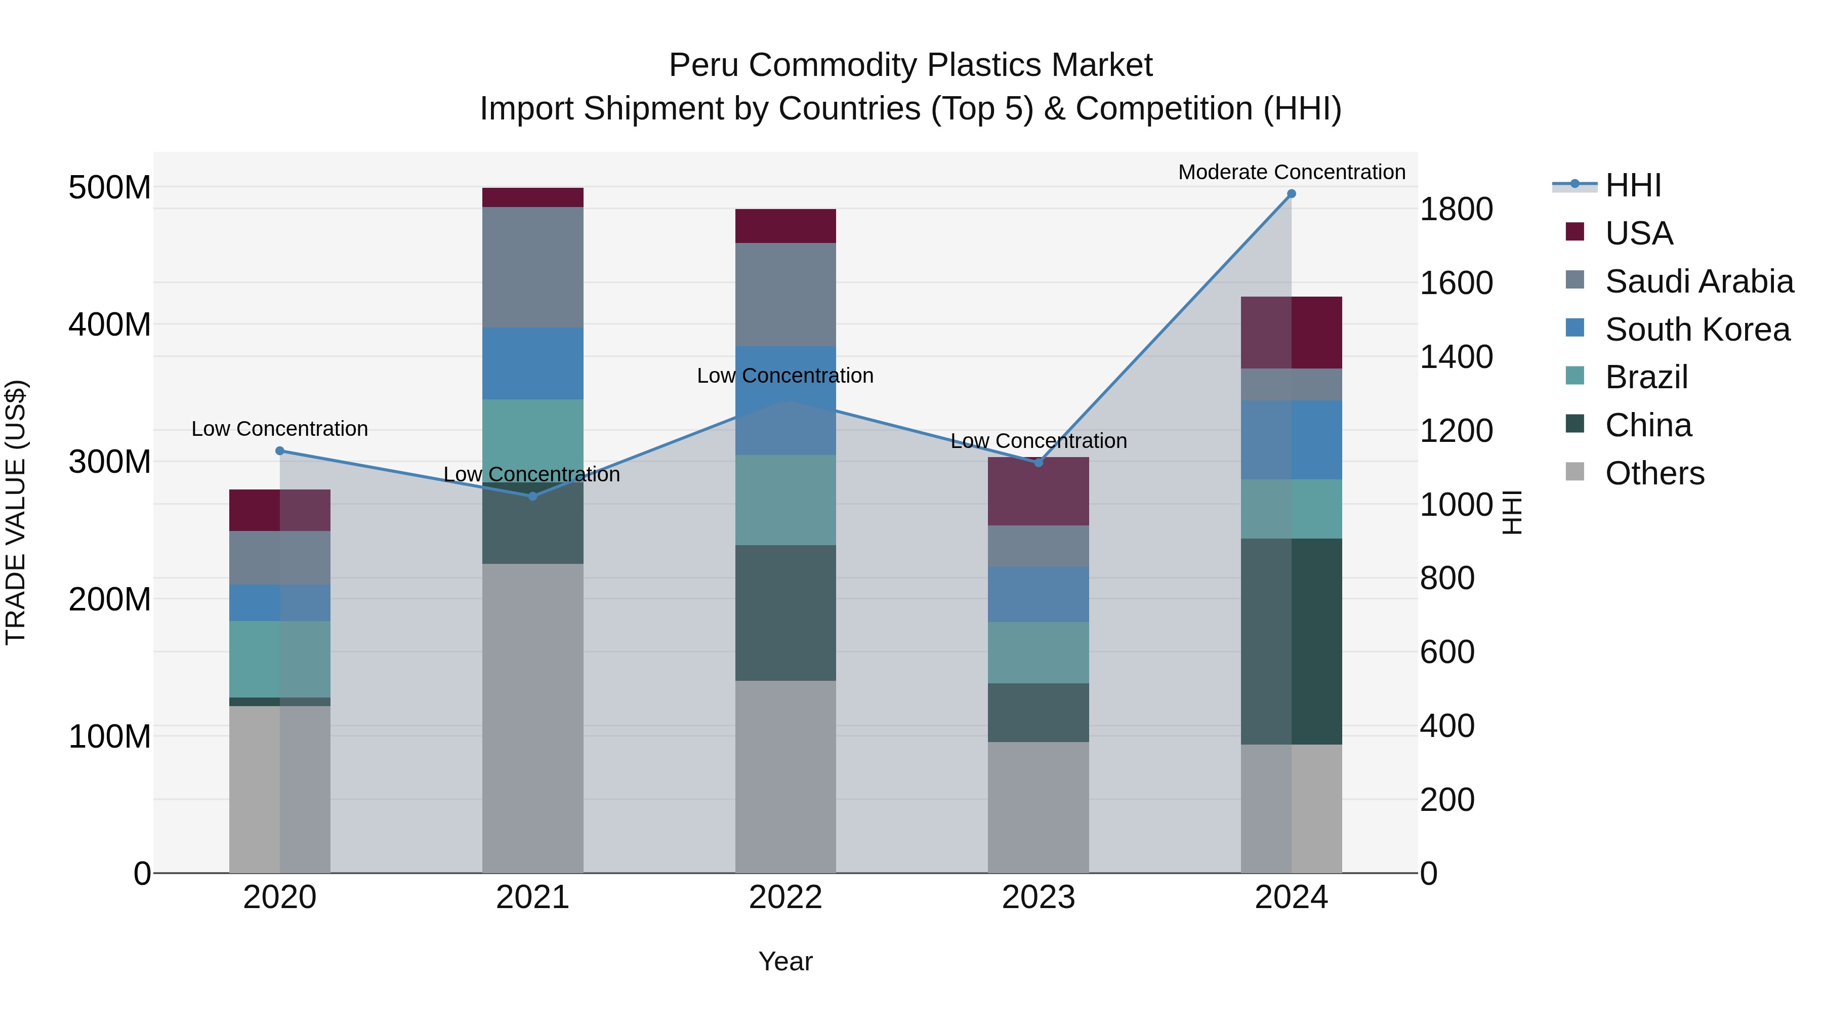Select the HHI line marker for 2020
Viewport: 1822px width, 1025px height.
point(279,450)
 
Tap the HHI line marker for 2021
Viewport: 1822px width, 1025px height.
point(532,497)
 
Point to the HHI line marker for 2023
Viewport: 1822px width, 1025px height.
point(1039,463)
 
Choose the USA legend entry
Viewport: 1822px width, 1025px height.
point(1638,233)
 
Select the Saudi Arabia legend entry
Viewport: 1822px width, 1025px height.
point(1698,281)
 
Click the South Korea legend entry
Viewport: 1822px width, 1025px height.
point(1696,330)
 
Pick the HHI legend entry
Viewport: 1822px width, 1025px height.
point(1632,185)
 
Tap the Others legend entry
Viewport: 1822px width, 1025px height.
point(1653,473)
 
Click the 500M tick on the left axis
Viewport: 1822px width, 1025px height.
point(110,187)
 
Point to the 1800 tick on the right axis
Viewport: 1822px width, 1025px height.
point(1456,210)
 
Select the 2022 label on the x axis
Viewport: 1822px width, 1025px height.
point(785,897)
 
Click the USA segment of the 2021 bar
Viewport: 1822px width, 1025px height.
point(532,197)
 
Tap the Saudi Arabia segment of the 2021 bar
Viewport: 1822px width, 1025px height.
point(532,267)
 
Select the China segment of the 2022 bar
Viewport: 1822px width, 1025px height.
point(785,612)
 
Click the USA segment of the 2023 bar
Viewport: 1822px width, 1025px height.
point(1039,491)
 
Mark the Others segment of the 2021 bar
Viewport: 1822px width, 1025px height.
point(532,718)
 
